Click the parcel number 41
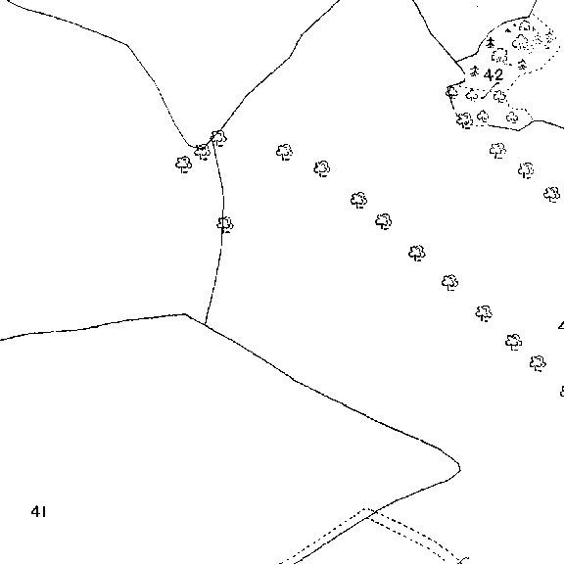38,511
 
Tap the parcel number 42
493,75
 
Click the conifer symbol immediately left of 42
475,71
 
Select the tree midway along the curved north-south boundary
225,225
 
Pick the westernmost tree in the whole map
183,165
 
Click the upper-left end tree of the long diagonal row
284,152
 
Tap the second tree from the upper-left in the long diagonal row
322,168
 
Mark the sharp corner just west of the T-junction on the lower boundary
185,314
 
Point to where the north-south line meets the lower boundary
205,325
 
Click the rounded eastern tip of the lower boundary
460,469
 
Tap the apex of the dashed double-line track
364,509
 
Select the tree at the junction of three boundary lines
218,138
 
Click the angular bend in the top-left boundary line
127,45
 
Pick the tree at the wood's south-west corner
464,120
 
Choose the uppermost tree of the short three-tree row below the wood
497,150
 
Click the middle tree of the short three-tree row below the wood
526,170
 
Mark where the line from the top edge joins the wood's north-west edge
457,62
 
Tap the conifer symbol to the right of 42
522,66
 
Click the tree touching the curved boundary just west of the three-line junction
202,152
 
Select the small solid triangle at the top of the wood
508,30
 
